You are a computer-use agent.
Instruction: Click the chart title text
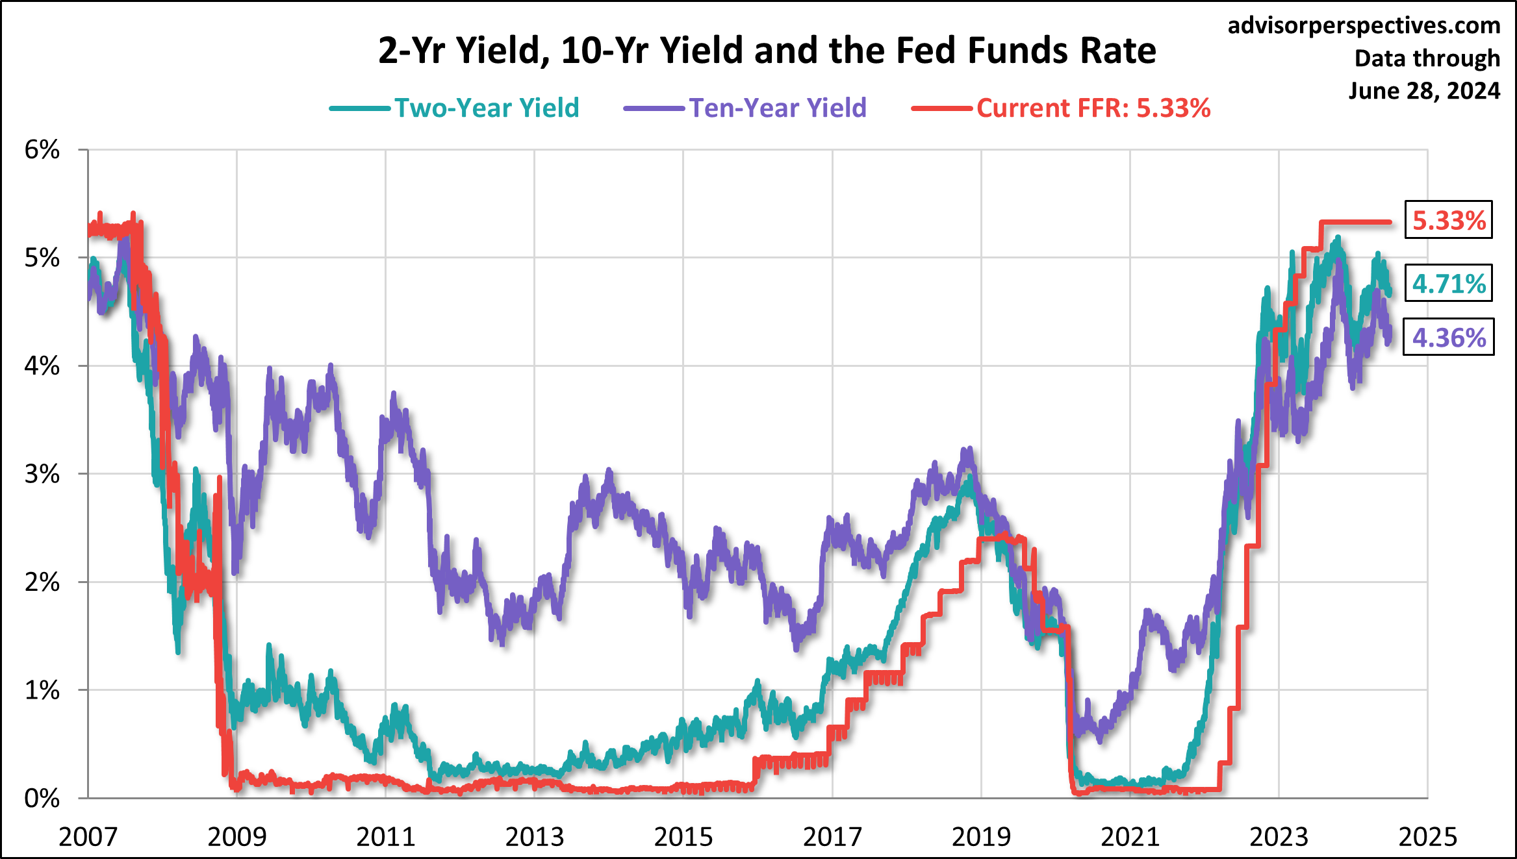[767, 51]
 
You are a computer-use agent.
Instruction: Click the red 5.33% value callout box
[1448, 220]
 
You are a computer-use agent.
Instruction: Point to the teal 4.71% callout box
[1448, 284]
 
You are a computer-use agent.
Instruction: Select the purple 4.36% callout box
[1448, 338]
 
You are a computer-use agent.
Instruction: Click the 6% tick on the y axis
[42, 150]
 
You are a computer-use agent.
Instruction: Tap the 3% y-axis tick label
[42, 474]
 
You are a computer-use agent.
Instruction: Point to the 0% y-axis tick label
[42, 798]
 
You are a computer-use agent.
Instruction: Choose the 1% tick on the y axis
[42, 690]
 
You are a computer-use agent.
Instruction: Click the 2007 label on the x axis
[88, 837]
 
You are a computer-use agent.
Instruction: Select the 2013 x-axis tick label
[535, 837]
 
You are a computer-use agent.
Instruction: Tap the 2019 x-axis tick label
[981, 837]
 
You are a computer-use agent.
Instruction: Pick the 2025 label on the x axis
[1427, 837]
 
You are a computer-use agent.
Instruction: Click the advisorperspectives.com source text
[1364, 25]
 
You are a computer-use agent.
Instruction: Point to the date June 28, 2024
[1424, 90]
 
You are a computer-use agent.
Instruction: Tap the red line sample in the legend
[942, 108]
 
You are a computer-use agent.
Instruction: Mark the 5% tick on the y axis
[42, 258]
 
